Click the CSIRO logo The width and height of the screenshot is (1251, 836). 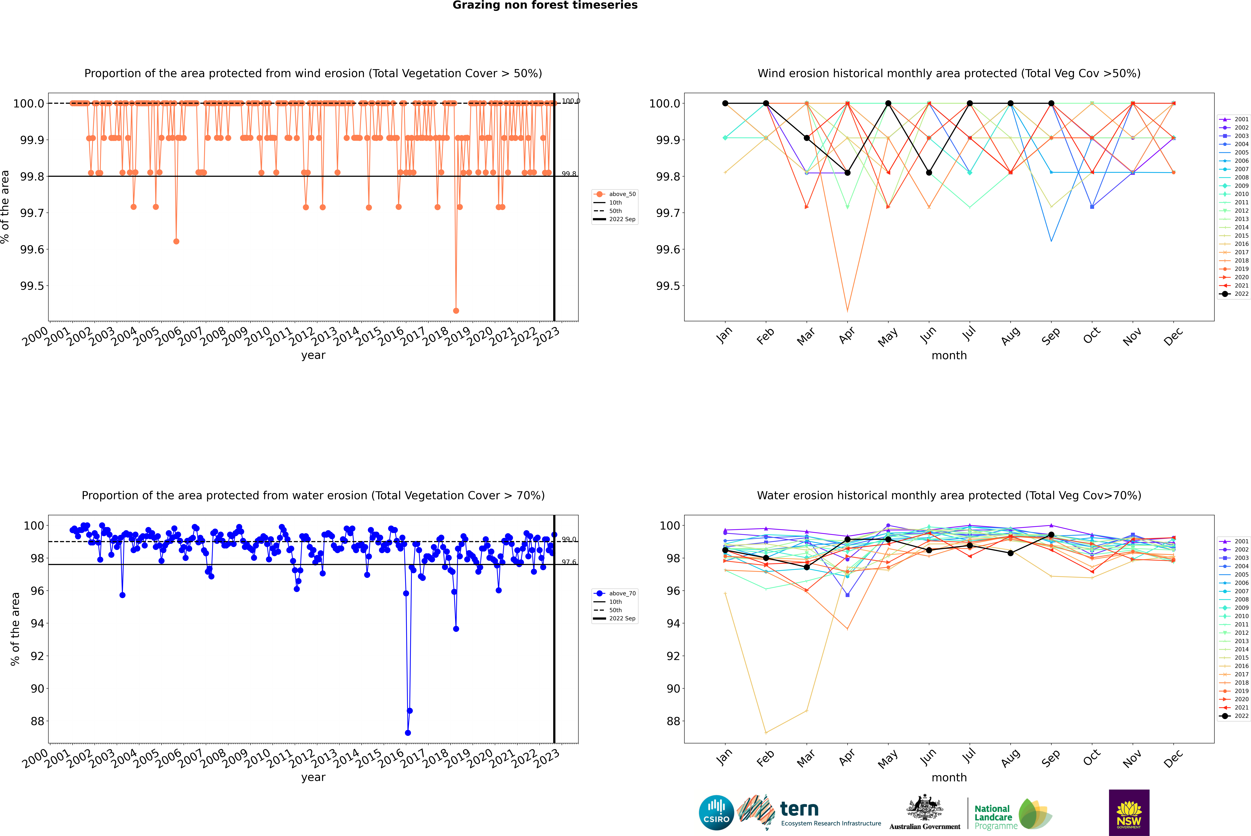click(x=716, y=813)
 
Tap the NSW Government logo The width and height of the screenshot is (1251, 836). click(x=1129, y=813)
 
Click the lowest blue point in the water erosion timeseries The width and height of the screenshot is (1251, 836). click(x=408, y=733)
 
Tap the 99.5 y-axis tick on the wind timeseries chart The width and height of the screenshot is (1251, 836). click(x=32, y=286)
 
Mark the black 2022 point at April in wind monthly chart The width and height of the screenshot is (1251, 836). click(x=847, y=173)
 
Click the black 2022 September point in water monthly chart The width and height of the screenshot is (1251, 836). click(x=1051, y=535)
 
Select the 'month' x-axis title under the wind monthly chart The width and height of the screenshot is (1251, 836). click(x=949, y=356)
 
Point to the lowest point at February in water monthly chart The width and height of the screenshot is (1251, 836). click(x=766, y=733)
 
